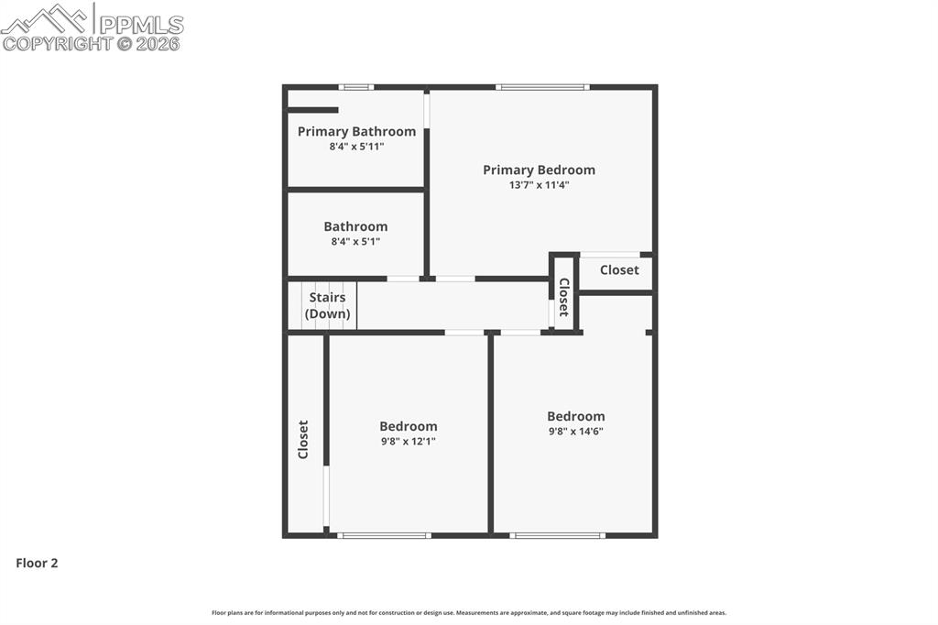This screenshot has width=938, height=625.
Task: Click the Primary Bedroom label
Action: point(539,170)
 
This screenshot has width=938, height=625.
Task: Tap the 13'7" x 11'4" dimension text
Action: point(539,185)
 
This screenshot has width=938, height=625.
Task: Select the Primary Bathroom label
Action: point(356,132)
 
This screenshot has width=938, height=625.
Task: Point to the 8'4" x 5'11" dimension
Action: point(356,147)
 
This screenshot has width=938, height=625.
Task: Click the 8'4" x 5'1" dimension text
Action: point(355,242)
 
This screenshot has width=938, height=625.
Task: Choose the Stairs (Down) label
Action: point(328,305)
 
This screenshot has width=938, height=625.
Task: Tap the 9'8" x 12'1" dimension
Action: point(408,441)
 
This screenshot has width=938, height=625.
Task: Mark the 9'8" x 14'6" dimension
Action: point(575,431)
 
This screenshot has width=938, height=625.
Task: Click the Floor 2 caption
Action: point(37,564)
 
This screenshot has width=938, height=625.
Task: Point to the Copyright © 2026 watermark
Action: point(91,43)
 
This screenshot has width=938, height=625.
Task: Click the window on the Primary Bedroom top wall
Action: point(542,87)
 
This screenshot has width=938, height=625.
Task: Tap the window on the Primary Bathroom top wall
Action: point(355,87)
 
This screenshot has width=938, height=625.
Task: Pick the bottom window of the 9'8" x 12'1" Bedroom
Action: point(383,535)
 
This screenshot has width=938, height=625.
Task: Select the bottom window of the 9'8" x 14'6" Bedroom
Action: point(557,535)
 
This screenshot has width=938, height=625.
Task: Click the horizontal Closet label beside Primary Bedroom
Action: point(619,270)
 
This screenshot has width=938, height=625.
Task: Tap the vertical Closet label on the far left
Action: point(303,439)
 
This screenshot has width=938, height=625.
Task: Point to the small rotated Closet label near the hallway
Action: point(563,297)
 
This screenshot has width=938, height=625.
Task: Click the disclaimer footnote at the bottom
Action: point(468,613)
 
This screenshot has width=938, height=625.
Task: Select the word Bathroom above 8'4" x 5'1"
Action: point(355,226)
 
